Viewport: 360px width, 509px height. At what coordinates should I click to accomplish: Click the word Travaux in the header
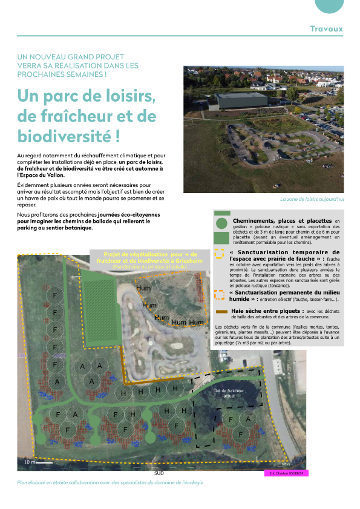pos(326,28)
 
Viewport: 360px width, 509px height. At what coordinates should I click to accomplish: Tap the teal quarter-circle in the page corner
pos(338,5)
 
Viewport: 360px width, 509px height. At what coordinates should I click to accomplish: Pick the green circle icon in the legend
pos(221,222)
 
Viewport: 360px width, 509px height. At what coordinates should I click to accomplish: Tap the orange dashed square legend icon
pos(220,295)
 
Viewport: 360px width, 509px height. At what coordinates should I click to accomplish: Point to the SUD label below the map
pos(159,473)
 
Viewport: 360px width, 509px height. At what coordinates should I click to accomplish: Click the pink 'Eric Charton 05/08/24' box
pos(286,473)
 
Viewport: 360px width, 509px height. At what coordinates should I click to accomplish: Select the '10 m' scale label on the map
pos(28,462)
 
